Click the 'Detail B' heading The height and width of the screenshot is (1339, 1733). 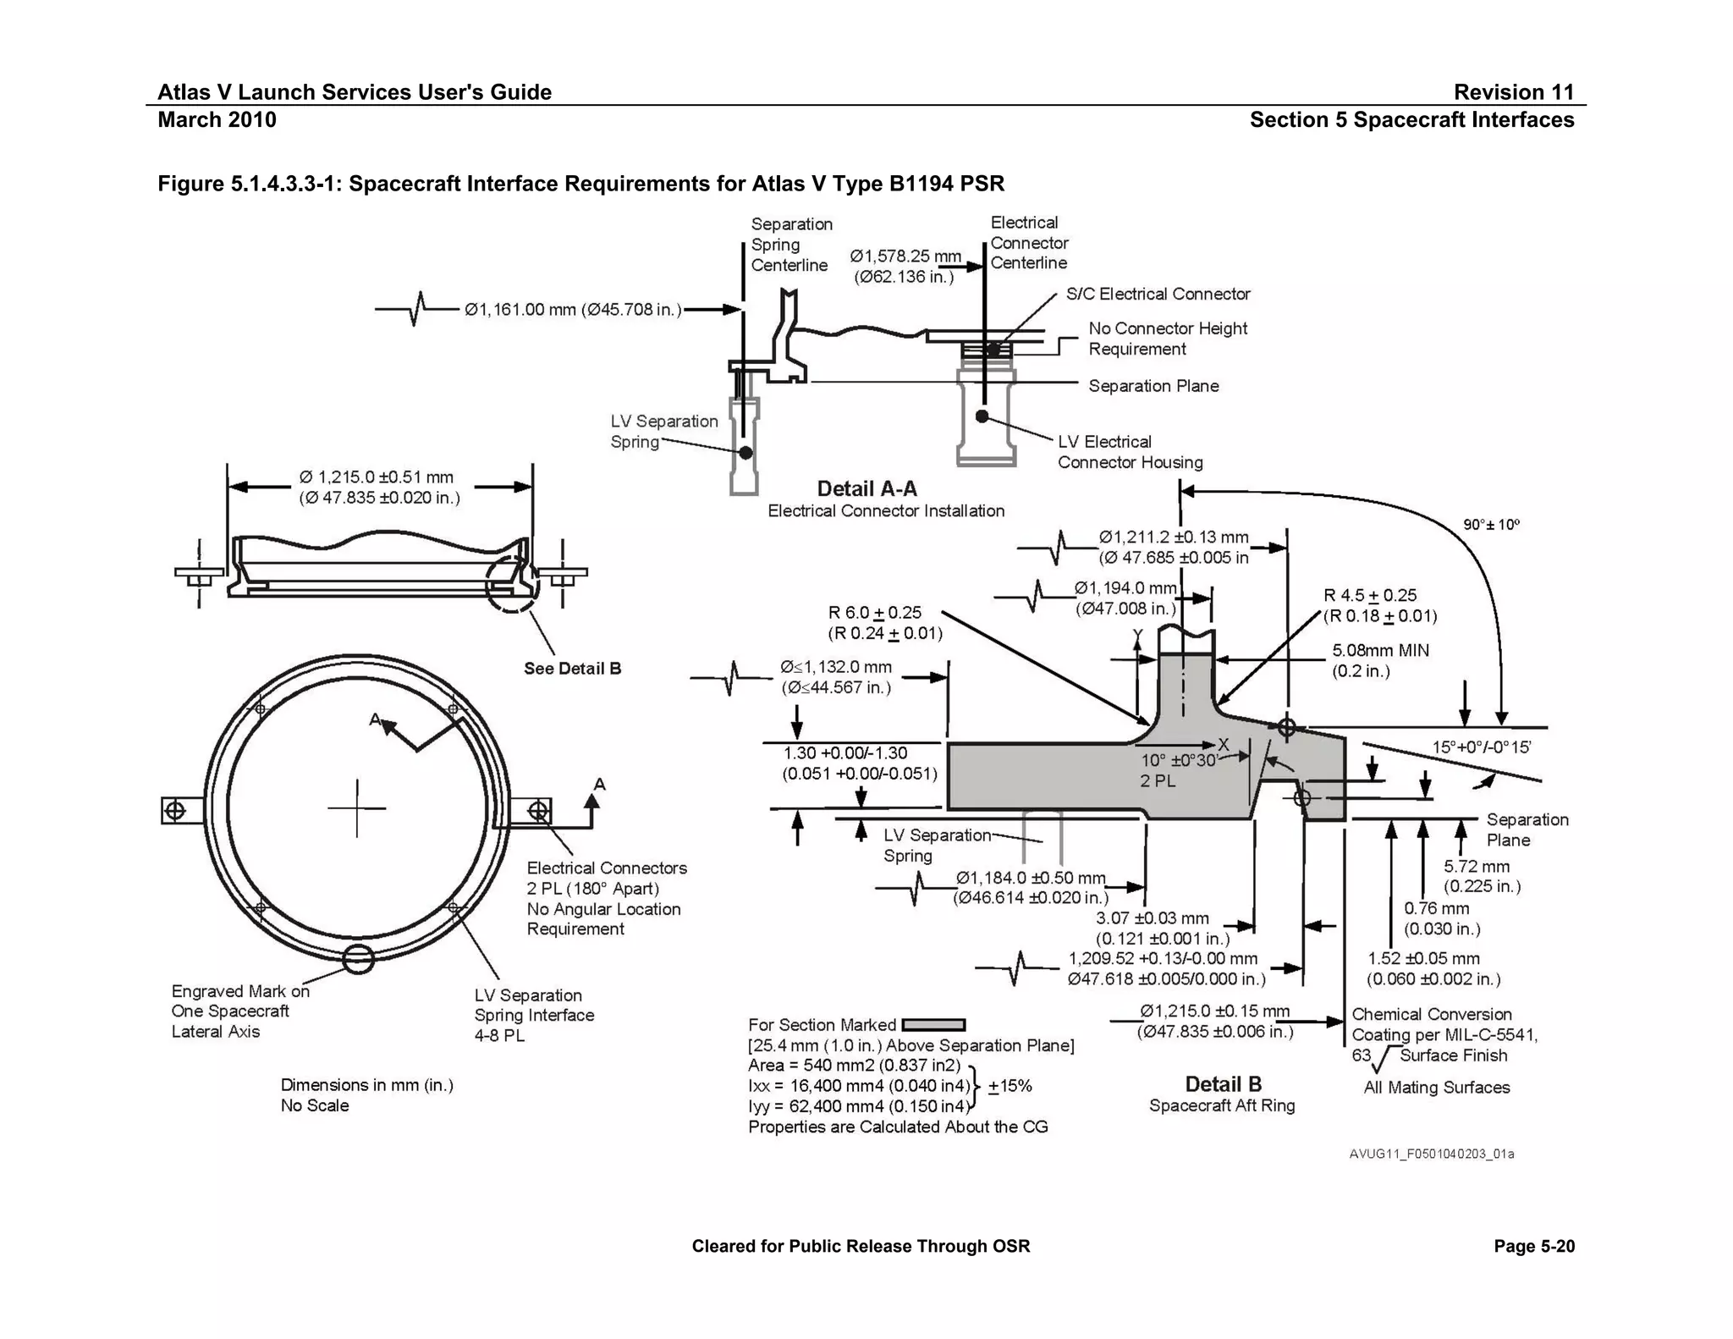tap(1223, 1084)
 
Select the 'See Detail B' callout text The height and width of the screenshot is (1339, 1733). tap(572, 669)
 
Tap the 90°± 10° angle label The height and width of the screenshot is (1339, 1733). tap(1491, 525)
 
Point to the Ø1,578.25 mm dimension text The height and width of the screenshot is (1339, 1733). tap(905, 256)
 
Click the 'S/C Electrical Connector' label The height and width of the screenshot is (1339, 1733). tap(1158, 294)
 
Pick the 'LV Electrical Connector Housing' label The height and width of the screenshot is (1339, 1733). tap(1130, 452)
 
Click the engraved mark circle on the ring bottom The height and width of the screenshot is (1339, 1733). tap(359, 959)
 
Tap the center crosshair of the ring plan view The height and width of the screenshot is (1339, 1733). tap(357, 808)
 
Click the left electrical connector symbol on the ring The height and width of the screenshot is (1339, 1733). tap(174, 811)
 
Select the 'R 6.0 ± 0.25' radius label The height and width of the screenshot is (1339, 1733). tap(875, 613)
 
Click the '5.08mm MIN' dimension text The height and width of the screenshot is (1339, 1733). tap(1380, 651)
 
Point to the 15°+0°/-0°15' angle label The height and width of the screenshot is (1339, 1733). tap(1481, 747)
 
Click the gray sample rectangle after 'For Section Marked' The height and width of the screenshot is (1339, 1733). tap(933, 1025)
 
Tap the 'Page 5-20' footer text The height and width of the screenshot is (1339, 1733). tap(1534, 1246)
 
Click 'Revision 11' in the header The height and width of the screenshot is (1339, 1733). tap(1513, 92)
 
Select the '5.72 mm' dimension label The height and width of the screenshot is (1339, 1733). tap(1477, 867)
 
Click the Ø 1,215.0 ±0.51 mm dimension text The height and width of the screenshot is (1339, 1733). tap(377, 477)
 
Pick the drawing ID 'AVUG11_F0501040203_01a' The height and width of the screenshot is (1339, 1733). tap(1431, 1154)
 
